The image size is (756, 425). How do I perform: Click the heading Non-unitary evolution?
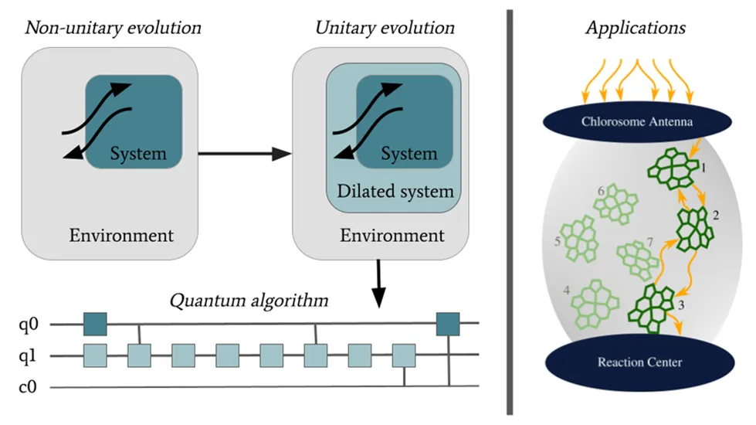[114, 29]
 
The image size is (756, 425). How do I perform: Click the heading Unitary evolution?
[385, 29]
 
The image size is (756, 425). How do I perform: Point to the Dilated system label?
[395, 191]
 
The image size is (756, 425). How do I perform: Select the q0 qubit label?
[28, 325]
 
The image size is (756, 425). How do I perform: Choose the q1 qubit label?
[28, 356]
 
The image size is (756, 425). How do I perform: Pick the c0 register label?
[28, 386]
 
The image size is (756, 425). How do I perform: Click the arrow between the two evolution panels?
[244, 155]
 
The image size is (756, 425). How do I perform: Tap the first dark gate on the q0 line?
[95, 324]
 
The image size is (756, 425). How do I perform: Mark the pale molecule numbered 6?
[615, 202]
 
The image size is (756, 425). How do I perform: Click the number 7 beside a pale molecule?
[650, 243]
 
